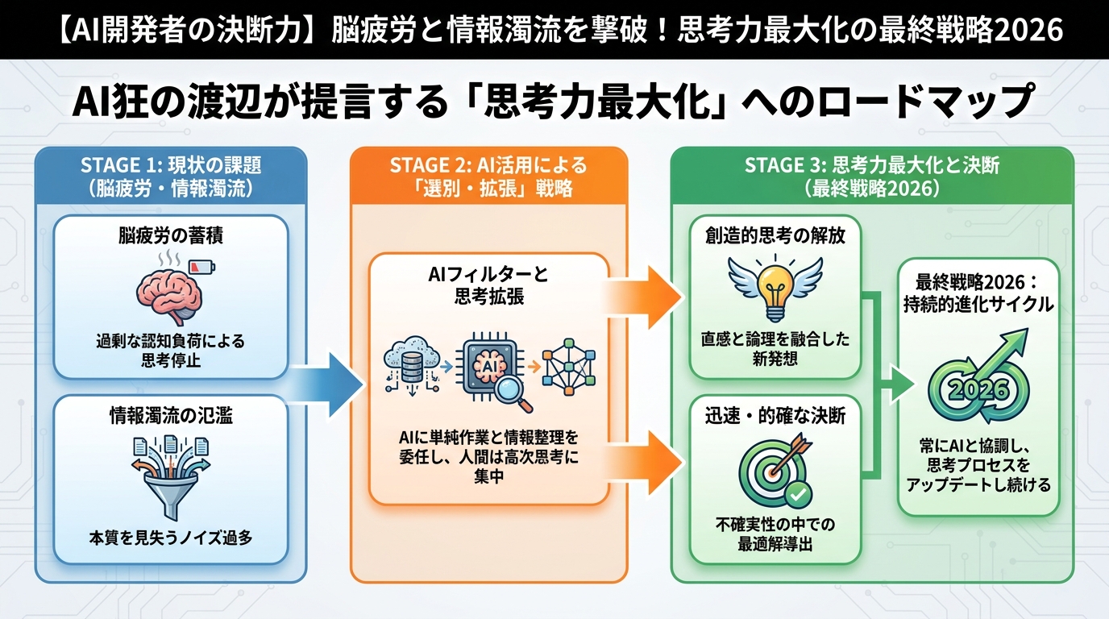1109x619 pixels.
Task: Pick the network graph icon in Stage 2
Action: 568,368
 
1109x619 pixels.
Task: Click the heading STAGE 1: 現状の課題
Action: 171,165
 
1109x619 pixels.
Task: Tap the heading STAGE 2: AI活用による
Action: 488,165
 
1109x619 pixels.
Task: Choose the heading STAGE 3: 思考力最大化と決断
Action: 872,165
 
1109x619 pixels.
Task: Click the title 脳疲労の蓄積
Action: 170,237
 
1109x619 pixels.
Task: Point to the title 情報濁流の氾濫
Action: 170,417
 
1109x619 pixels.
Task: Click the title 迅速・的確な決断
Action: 775,420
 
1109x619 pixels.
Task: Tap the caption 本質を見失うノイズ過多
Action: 170,537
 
